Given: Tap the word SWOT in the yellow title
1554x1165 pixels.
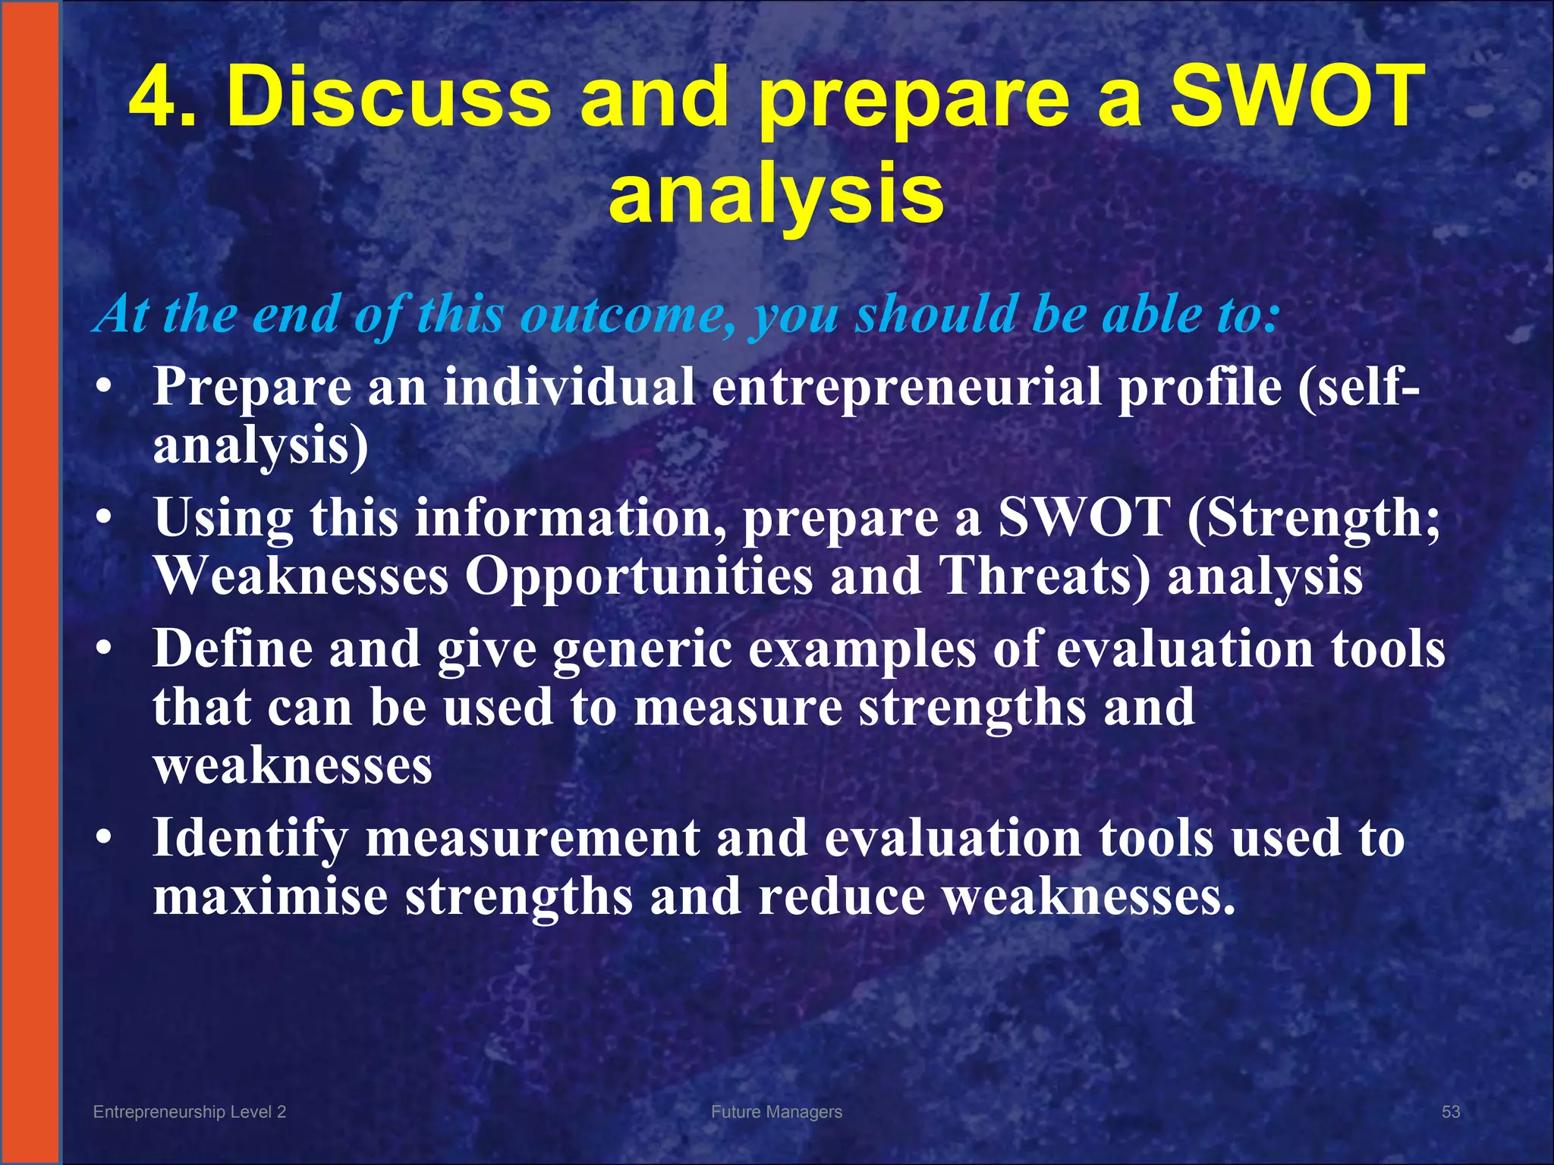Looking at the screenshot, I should point(1297,96).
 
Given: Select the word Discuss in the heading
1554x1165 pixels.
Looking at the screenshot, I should point(388,96).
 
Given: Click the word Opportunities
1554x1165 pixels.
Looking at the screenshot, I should point(638,576).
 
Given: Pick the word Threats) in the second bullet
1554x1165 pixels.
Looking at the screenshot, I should point(1044,576).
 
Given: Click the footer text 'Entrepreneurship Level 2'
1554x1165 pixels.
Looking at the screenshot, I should point(189,1112).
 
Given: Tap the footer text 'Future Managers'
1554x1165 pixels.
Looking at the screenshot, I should point(776,1112).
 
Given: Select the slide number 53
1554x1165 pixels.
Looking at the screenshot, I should point(1450,1112).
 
